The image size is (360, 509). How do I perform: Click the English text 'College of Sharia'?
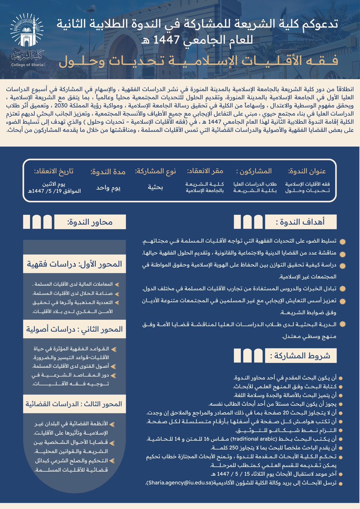27,66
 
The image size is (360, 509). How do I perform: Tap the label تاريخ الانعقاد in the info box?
53,172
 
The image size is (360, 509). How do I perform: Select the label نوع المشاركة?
155,172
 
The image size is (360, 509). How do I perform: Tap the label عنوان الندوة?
307,172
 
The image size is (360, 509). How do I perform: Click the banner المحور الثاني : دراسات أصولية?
75,329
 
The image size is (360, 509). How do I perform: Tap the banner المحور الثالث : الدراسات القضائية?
75,404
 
